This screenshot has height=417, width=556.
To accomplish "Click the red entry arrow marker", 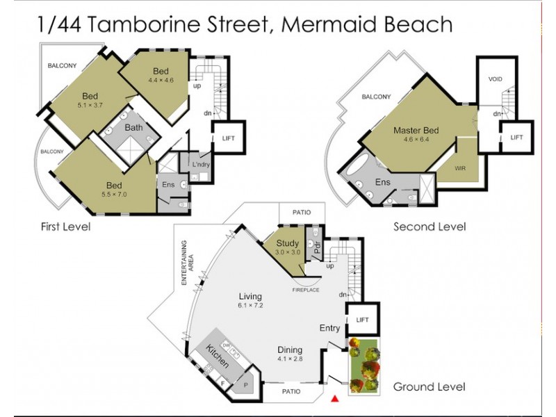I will (335, 399).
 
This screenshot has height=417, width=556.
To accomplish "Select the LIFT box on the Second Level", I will (516, 138).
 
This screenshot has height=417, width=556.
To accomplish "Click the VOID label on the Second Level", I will (495, 79).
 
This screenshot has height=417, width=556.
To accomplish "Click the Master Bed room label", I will (416, 130).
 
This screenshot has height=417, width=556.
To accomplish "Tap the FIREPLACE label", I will (306, 290).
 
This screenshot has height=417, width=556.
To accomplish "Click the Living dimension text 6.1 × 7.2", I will (250, 305).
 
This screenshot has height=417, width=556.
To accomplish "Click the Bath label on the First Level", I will (133, 128).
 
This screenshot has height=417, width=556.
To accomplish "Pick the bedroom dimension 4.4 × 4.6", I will (161, 80).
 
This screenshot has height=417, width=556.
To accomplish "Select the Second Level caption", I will (429, 227).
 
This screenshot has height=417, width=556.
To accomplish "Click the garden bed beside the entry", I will (363, 366).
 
